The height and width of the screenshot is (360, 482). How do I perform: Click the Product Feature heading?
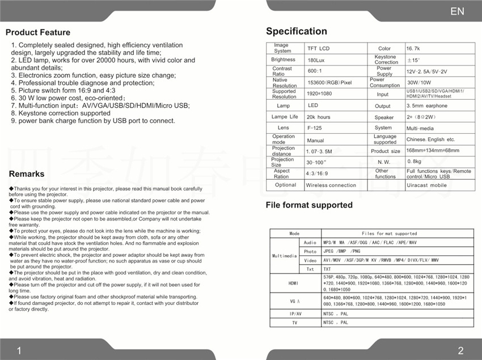(x=38, y=32)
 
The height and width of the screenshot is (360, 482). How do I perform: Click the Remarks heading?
(x=27, y=174)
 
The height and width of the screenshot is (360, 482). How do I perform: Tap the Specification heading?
(x=297, y=31)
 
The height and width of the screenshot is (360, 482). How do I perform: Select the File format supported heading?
(x=309, y=205)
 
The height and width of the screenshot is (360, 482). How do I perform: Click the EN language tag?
(x=457, y=11)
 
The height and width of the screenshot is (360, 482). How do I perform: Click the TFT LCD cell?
(x=318, y=49)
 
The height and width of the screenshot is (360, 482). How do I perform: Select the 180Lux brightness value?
(x=316, y=60)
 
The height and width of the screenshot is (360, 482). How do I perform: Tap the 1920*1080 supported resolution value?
(x=319, y=94)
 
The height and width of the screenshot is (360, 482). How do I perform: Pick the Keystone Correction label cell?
(x=386, y=60)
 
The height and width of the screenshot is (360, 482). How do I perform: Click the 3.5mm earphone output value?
(x=427, y=106)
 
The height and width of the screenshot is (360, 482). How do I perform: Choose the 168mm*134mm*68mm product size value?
(x=433, y=151)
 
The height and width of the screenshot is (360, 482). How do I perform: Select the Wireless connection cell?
(x=331, y=185)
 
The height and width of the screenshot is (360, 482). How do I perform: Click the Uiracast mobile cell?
(x=426, y=185)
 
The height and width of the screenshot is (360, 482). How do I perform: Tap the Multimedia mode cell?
(x=284, y=256)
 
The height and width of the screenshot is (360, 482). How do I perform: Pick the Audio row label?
(x=310, y=243)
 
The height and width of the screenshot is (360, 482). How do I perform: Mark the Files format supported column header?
(x=389, y=234)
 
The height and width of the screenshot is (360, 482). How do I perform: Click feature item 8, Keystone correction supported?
(x=61, y=113)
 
